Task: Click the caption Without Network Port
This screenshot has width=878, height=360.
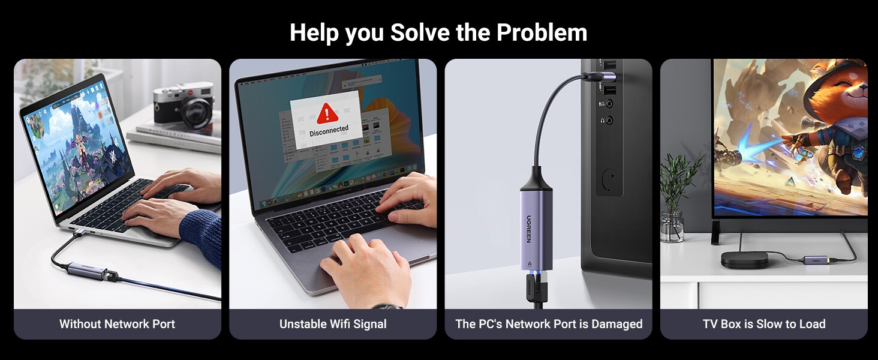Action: click(x=117, y=324)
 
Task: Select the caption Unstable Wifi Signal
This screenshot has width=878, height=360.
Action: click(x=333, y=324)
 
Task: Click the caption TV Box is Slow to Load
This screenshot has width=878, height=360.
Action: click(x=764, y=324)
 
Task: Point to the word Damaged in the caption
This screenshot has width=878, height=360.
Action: click(x=617, y=324)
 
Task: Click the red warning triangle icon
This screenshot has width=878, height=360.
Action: click(x=327, y=113)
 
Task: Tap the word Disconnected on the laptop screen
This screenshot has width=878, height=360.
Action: click(x=329, y=130)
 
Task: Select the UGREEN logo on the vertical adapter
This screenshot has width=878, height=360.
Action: click(x=529, y=229)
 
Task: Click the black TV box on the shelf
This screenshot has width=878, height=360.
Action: click(x=744, y=259)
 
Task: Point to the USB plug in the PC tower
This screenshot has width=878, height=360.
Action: click(x=600, y=77)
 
